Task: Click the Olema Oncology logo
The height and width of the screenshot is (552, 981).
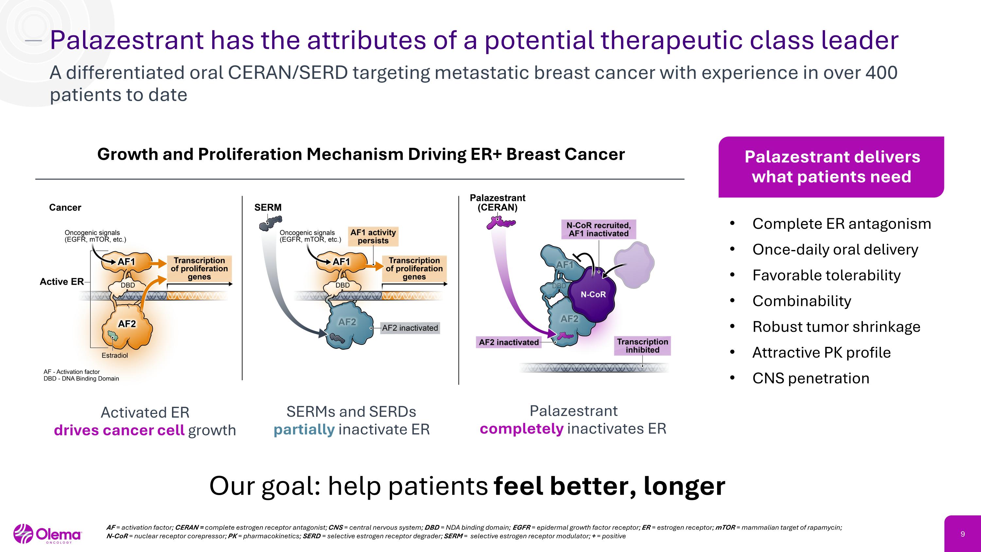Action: tap(48, 534)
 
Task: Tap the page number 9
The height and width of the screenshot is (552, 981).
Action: tap(962, 534)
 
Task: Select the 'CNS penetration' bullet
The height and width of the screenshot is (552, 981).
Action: tap(810, 378)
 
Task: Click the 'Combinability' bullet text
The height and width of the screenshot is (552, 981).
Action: tap(801, 301)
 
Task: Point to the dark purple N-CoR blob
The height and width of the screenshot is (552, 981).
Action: tap(592, 294)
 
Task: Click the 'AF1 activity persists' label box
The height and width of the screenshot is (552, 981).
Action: tap(373, 237)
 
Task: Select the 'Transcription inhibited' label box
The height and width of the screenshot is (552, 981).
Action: tap(642, 346)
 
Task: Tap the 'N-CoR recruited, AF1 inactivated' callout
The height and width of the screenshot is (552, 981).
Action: tap(598, 230)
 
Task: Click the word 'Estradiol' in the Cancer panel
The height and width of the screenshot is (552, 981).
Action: tap(115, 355)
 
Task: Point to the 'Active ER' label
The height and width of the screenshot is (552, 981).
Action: tap(62, 281)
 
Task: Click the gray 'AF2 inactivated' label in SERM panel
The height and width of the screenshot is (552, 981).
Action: tap(410, 328)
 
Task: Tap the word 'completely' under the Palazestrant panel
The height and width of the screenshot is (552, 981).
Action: tap(521, 429)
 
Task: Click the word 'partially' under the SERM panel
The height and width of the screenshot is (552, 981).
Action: tap(304, 430)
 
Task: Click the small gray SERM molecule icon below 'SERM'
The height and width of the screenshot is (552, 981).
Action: tap(270, 223)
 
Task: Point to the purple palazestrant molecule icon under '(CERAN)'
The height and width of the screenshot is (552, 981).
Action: tap(500, 223)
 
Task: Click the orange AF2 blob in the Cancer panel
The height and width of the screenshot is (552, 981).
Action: tap(128, 328)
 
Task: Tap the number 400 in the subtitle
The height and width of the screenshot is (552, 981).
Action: tap(881, 73)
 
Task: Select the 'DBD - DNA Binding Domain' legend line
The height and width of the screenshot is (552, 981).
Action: tap(81, 379)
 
